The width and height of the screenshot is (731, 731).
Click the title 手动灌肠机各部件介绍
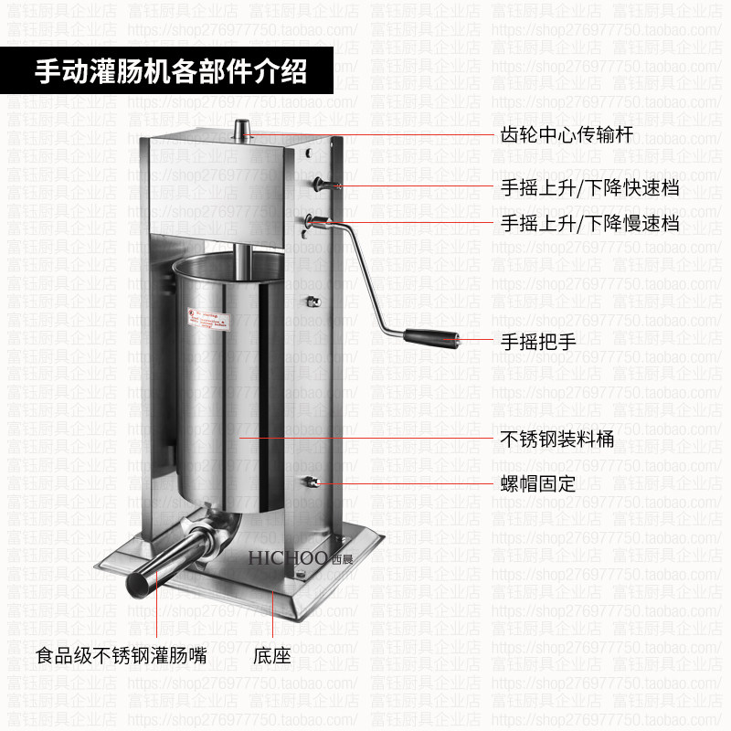170,71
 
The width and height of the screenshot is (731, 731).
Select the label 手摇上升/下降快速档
589,189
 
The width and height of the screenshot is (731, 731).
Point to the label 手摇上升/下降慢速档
589,223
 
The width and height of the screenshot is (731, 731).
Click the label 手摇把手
538,343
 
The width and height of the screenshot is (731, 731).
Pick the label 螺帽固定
538,483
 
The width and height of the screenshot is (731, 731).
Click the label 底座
270,655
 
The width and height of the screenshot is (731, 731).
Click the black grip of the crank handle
435,338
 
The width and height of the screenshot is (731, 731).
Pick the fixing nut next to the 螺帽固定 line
313,482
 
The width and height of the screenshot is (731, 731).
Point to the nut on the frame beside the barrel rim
313,302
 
